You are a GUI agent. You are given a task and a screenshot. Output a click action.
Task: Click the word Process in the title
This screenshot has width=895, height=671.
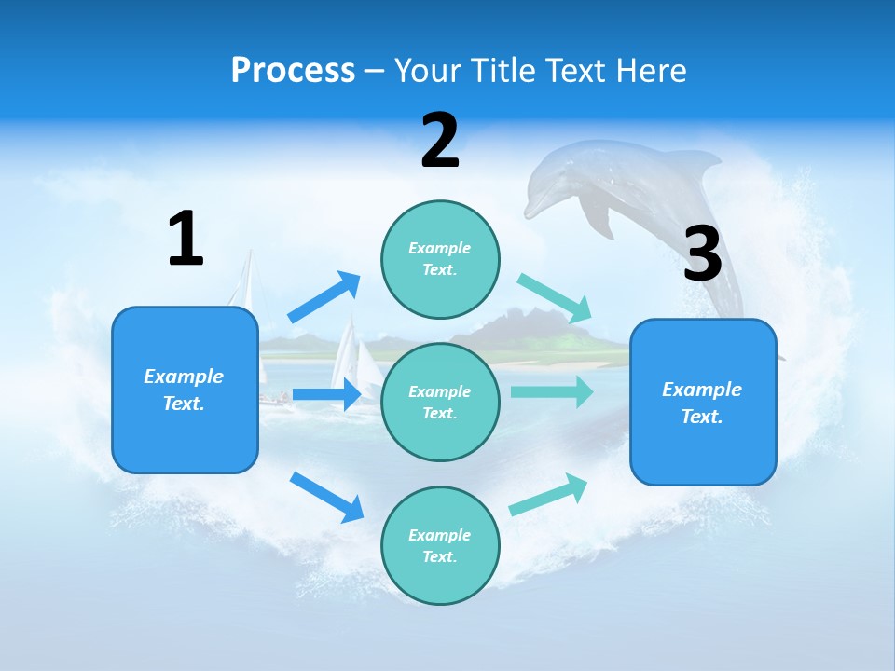(x=293, y=70)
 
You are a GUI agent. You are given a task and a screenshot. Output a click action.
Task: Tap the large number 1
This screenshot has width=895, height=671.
(x=186, y=239)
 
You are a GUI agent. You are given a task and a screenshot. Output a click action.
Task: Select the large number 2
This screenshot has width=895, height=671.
(x=440, y=141)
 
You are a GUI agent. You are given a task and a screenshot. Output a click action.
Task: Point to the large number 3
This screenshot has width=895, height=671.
(x=702, y=254)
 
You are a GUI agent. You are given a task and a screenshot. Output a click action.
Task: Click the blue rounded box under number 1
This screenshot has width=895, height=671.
(x=185, y=390)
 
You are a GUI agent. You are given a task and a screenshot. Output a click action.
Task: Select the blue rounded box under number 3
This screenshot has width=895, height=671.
(x=703, y=402)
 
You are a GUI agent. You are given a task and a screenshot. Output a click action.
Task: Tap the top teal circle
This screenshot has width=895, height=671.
(x=440, y=259)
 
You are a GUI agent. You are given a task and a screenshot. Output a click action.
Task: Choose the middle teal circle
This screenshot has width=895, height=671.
(x=440, y=402)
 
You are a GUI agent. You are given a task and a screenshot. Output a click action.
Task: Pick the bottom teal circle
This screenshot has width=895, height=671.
(x=440, y=545)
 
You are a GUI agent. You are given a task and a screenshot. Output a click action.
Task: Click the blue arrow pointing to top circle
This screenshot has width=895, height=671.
(x=324, y=297)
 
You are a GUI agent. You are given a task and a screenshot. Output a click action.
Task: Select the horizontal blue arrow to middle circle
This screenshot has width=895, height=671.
(x=326, y=394)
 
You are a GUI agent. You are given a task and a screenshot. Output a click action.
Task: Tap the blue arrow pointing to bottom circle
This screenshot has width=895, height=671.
(x=326, y=497)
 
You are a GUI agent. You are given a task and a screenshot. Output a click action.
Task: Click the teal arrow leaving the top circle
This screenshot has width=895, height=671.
(x=555, y=298)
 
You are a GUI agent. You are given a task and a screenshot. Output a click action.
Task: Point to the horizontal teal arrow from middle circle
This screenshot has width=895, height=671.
(x=552, y=391)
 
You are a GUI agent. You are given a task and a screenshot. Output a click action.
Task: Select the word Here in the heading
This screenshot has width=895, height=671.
(x=651, y=70)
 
